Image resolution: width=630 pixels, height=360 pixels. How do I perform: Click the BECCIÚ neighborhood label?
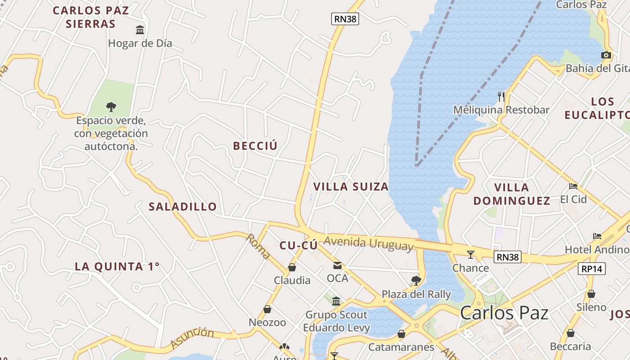[255, 146]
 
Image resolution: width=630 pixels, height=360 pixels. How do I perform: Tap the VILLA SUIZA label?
[351, 186]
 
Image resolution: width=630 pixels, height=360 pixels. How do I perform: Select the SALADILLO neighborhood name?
[183, 207]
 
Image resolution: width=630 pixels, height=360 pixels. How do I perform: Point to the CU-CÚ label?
[298, 245]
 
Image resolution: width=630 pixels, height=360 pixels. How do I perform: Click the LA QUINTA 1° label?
[117, 266]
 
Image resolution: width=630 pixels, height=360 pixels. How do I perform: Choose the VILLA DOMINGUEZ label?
[512, 194]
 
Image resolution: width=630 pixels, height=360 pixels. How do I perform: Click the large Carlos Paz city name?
[504, 313]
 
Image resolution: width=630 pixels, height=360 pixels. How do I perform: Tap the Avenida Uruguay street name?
[368, 243]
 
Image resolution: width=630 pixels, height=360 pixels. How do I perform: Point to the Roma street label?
[258, 247]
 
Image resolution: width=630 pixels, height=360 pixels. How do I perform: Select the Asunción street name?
[192, 338]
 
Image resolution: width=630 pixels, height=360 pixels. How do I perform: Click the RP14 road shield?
[591, 269]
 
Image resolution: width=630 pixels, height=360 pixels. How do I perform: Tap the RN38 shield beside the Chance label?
[508, 257]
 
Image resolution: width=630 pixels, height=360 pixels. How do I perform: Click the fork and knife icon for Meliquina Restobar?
[501, 96]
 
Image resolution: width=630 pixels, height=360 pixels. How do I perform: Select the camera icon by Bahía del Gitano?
[606, 55]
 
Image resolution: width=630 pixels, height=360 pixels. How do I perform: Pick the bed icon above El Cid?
[573, 186]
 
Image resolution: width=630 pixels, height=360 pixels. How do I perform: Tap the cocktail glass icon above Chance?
[470, 255]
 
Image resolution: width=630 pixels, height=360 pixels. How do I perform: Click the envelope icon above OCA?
[337, 265]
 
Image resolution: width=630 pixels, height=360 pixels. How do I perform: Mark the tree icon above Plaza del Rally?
[416, 281]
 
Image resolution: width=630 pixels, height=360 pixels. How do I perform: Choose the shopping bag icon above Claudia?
[292, 267]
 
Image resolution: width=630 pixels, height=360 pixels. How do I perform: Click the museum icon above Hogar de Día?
[140, 30]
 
